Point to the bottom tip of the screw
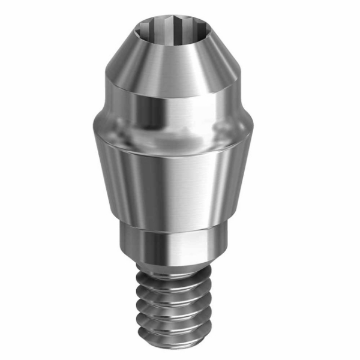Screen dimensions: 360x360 180,343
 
